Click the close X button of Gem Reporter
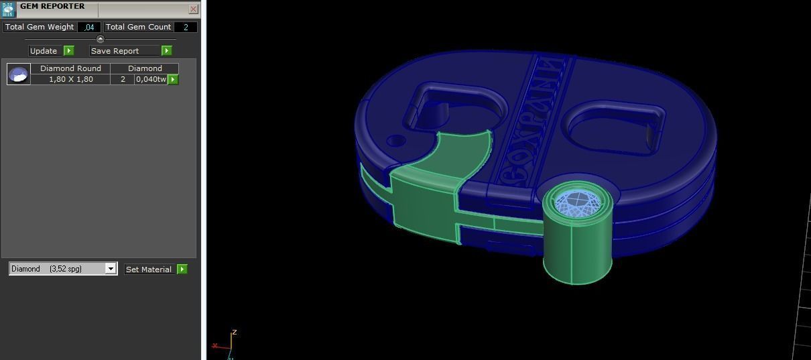tap(193, 9)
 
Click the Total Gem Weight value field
tap(89, 27)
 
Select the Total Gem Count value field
tap(185, 27)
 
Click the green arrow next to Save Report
tap(166, 51)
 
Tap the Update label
tap(44, 51)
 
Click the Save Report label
tap(115, 51)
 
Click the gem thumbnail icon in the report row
tap(19, 74)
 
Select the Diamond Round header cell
tap(70, 68)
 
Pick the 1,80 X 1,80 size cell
tap(70, 79)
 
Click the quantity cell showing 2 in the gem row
tap(123, 79)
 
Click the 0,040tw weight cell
tap(151, 79)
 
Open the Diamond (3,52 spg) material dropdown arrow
tap(111, 269)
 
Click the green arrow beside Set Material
tap(182, 269)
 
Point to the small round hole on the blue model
tap(397, 141)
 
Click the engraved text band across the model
tap(529, 121)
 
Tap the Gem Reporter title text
tap(52, 7)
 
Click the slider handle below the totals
tap(101, 39)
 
